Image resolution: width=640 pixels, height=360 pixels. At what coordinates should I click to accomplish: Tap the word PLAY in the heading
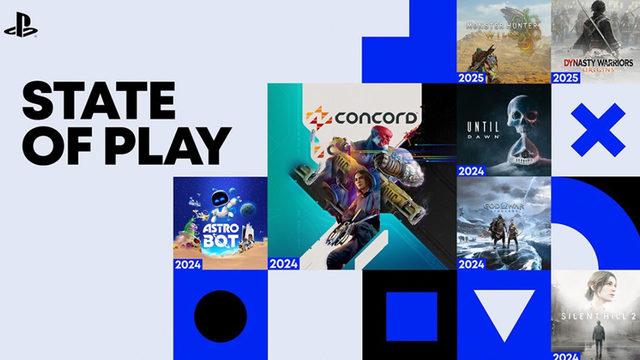click(x=174, y=146)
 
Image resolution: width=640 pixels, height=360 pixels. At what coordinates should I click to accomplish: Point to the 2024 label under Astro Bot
click(x=190, y=265)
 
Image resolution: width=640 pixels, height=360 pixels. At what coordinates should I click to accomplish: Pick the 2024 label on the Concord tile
click(x=284, y=265)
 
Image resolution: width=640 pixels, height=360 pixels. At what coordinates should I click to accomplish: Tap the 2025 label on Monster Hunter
click(x=472, y=76)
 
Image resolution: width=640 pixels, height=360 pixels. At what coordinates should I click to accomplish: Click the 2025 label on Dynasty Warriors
click(x=565, y=76)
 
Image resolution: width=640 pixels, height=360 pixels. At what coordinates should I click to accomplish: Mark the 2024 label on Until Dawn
click(x=472, y=171)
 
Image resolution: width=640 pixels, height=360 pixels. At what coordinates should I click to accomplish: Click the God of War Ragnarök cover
click(x=502, y=222)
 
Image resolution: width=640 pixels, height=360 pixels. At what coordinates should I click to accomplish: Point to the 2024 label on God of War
click(x=472, y=265)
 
